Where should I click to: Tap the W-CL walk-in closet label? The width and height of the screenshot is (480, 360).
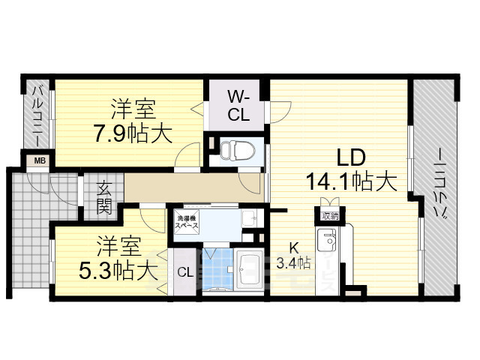click(x=238, y=106)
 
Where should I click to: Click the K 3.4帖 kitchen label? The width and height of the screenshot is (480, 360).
click(x=294, y=255)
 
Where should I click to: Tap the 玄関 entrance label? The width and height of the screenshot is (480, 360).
click(x=104, y=198)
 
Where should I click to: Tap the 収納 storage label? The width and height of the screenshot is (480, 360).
click(x=329, y=216)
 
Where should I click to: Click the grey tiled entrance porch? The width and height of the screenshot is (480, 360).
click(x=37, y=225)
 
